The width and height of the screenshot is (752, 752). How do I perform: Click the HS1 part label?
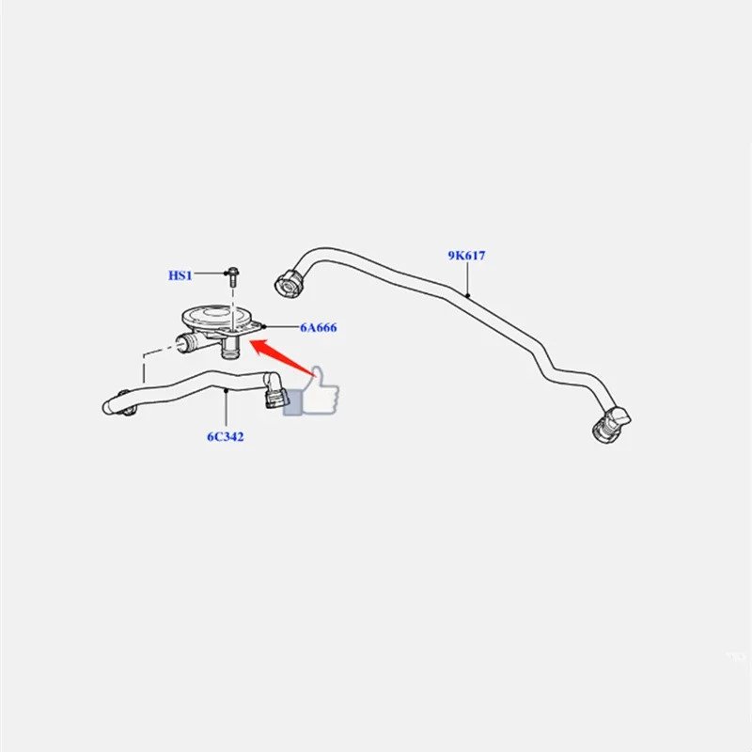[x=180, y=275]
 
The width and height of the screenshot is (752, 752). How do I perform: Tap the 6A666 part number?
[x=319, y=327]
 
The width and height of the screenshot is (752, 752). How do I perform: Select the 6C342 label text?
[x=226, y=437]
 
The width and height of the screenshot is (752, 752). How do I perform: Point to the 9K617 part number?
[x=466, y=256]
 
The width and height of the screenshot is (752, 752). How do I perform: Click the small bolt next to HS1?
[x=233, y=276]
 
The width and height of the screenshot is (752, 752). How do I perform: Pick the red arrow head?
[x=259, y=346]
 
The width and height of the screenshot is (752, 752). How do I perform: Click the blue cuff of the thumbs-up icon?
[x=292, y=402]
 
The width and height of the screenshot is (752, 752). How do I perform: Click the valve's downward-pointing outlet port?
[x=230, y=349]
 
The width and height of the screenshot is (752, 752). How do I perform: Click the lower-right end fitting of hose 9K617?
[x=611, y=425]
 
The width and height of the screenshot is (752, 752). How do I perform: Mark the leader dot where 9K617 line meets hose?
[x=467, y=295]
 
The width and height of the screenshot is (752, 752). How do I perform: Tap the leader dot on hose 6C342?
[x=226, y=390]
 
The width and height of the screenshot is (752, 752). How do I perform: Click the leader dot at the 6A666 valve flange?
[x=263, y=327]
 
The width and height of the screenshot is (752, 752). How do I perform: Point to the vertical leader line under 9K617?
[x=467, y=278]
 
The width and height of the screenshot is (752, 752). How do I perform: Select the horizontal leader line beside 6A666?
[x=281, y=327]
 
